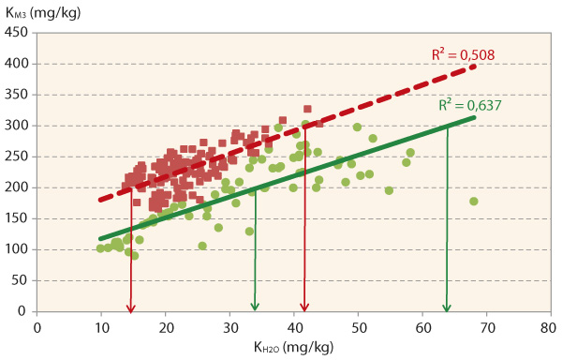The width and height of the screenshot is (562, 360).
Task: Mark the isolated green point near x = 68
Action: (474, 202)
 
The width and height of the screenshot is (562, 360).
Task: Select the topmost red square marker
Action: (307, 109)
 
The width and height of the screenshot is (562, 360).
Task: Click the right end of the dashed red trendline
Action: (475, 66)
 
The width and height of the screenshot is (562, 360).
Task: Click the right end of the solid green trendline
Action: (475, 117)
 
